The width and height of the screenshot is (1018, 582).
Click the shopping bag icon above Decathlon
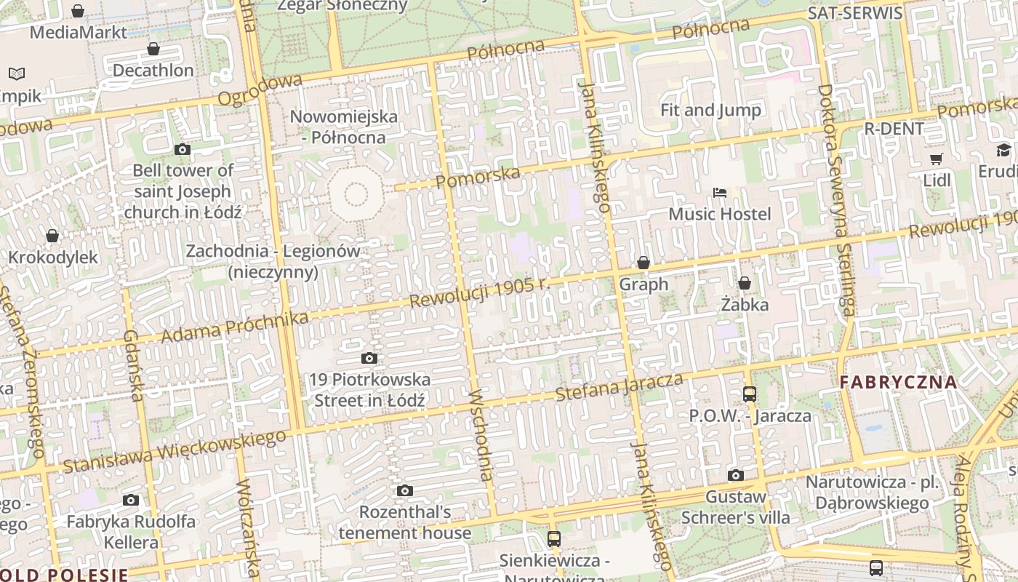pyautogui.click(x=153, y=49)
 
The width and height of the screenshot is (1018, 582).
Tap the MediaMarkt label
pyautogui.click(x=79, y=32)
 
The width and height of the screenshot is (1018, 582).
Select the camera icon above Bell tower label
pyautogui.click(x=183, y=149)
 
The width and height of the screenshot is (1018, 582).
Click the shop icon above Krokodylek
pyautogui.click(x=52, y=236)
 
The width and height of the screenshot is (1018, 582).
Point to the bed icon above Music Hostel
pyautogui.click(x=720, y=193)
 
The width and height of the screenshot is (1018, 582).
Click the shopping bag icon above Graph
pyautogui.click(x=644, y=263)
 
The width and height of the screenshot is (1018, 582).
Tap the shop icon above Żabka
pyautogui.click(x=745, y=283)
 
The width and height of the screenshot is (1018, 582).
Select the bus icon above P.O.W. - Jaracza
pyautogui.click(x=750, y=394)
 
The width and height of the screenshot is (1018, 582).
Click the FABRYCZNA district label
pyautogui.click(x=898, y=382)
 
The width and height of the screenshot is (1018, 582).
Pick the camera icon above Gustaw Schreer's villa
pyautogui.click(x=736, y=476)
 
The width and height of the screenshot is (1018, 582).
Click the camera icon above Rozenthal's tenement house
pyautogui.click(x=405, y=491)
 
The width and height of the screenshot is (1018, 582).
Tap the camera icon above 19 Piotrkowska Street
pyautogui.click(x=369, y=358)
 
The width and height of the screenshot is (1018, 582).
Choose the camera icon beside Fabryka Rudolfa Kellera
pyautogui.click(x=131, y=500)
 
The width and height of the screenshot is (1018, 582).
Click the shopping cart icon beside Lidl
pyautogui.click(x=937, y=159)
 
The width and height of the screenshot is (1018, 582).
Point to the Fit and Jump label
pyautogui.click(x=710, y=111)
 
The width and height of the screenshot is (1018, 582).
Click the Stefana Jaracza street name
pyautogui.click(x=619, y=387)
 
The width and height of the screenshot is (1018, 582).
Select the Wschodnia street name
pyautogui.click(x=482, y=436)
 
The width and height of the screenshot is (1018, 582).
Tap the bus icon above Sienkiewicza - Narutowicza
pyautogui.click(x=554, y=539)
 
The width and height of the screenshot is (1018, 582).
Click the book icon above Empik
pyautogui.click(x=17, y=73)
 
